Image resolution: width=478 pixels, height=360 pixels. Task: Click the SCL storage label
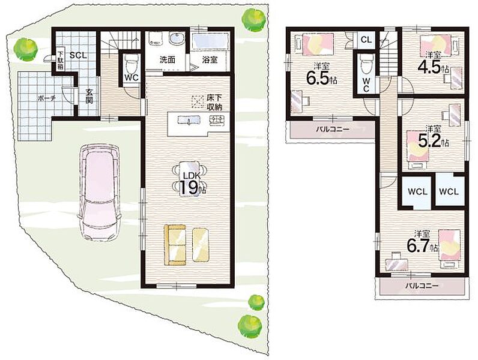tap(78, 55)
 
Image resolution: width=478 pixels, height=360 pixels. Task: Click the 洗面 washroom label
tap(168, 59)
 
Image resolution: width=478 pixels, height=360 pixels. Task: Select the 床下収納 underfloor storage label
tap(214, 103)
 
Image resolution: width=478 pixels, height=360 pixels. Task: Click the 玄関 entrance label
tap(89, 96)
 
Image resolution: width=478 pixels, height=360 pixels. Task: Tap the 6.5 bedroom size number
tap(321, 78)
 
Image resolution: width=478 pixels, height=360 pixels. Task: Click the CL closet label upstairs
tap(366, 40)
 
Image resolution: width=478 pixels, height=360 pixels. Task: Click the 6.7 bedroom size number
tap(422, 245)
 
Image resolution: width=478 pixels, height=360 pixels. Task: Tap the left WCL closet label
tap(417, 192)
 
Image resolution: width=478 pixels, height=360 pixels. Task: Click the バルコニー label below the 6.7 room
tap(422, 286)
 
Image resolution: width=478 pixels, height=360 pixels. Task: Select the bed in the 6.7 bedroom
tap(449, 245)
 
